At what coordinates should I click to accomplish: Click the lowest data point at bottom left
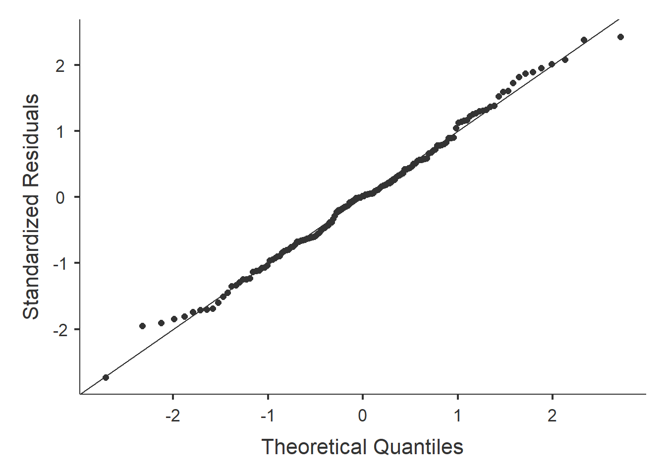pos(106,377)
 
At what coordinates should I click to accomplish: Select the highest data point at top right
pos(620,37)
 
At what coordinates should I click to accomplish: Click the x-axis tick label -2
pos(172,416)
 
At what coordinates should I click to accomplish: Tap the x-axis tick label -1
pos(268,416)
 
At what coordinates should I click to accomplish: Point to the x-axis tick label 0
pos(363,416)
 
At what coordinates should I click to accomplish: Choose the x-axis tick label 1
pos(457,416)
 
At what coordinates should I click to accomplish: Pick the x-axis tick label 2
pos(552,416)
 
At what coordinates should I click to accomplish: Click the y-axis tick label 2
pos(60,65)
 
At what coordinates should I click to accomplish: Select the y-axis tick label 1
pos(60,131)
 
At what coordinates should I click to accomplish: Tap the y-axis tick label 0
pos(60,197)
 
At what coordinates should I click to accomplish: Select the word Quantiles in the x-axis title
pos(418,447)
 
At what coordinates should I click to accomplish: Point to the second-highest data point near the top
pos(584,40)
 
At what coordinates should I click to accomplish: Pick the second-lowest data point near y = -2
pos(142,326)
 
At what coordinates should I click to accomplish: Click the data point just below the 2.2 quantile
pos(565,59)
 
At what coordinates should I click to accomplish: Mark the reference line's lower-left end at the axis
pos(81,394)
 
